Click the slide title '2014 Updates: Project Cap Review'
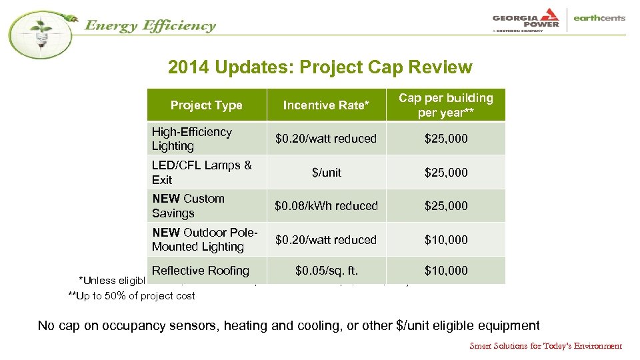pos(320,67)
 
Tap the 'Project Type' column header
pos(206,105)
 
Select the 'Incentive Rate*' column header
pos(326,105)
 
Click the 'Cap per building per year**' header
pos(445,105)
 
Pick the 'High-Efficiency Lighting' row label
pos(192,139)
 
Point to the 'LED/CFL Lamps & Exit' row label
pos(201,173)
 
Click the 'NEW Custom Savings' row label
pos(188,206)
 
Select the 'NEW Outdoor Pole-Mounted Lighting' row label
pos(205,239)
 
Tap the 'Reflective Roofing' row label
pos(200,271)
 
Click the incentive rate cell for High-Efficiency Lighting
pos(326,139)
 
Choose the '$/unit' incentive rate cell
pos(326,173)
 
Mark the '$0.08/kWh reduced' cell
pos(326,206)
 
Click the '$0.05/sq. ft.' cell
pos(326,271)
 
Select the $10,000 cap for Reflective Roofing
pos(446,271)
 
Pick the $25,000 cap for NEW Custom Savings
pos(446,206)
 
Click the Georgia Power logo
pos(525,19)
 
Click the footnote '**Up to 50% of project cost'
pos(131,296)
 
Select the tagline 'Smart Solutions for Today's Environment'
pos(545,346)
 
